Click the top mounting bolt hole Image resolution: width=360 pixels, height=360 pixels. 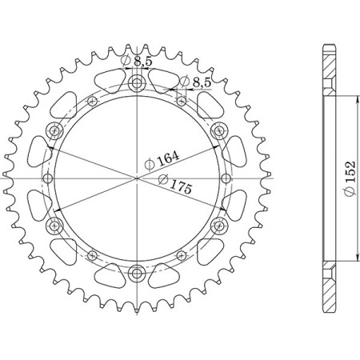[x=136, y=84]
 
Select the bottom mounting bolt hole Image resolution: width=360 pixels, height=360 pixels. [x=136, y=273]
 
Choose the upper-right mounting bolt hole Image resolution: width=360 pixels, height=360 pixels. [x=218, y=131]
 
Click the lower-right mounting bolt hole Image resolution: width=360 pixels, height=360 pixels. [x=218, y=226]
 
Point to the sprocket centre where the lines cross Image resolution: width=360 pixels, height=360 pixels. [x=136, y=178]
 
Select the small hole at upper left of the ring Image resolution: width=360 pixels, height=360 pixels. [x=92, y=100]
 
